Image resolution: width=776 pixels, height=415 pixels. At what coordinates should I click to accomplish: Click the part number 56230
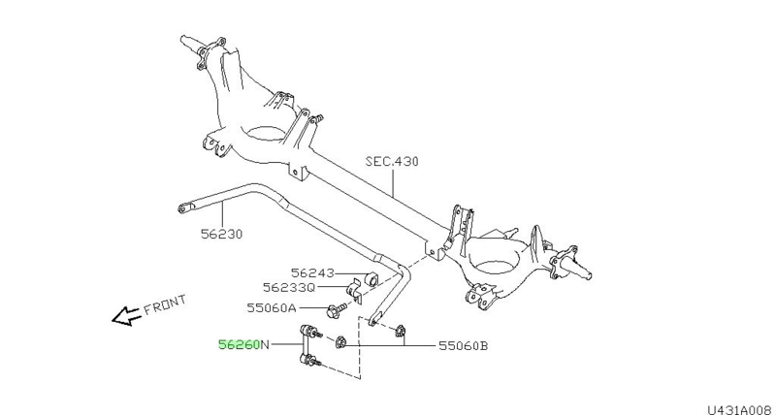click(222, 234)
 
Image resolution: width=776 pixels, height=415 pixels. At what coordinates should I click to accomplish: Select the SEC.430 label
click(392, 162)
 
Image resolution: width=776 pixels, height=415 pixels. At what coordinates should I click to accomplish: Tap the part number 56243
click(312, 272)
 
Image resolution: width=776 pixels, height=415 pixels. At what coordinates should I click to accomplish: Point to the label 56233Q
click(289, 288)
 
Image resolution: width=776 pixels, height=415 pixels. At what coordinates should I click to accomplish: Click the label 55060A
click(272, 308)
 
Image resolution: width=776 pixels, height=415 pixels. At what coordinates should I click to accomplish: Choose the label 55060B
click(463, 344)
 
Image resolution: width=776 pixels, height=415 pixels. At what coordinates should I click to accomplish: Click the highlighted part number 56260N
click(243, 343)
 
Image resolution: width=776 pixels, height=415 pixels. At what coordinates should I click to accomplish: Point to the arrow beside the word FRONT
click(124, 316)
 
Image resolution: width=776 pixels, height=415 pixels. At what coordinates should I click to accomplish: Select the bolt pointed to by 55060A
click(334, 309)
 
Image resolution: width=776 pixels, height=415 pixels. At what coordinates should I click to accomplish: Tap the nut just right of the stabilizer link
click(341, 341)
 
